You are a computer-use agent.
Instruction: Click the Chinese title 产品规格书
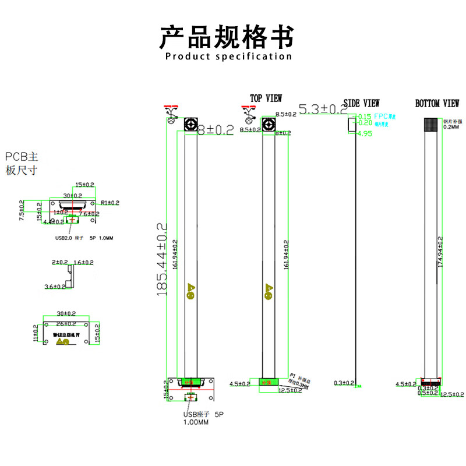pos(227,37)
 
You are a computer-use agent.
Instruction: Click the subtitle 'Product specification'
pos(228,57)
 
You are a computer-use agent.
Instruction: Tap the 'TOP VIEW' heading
pos(266,98)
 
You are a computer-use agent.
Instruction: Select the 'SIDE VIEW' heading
pos(361,103)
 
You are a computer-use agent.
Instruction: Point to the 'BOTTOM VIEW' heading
pos(437,104)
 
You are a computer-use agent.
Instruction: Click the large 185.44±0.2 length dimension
pos(162,259)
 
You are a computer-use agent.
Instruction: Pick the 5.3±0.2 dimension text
pos(322,109)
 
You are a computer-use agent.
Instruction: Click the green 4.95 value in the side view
pos(365,133)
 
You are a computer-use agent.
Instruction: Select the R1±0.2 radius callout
pos(110,203)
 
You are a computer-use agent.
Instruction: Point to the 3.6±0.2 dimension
pos(56,287)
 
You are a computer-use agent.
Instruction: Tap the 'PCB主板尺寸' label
pos(22,163)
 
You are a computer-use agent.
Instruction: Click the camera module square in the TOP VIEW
pos(267,124)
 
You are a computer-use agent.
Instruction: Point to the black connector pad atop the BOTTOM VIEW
pos(432,124)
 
